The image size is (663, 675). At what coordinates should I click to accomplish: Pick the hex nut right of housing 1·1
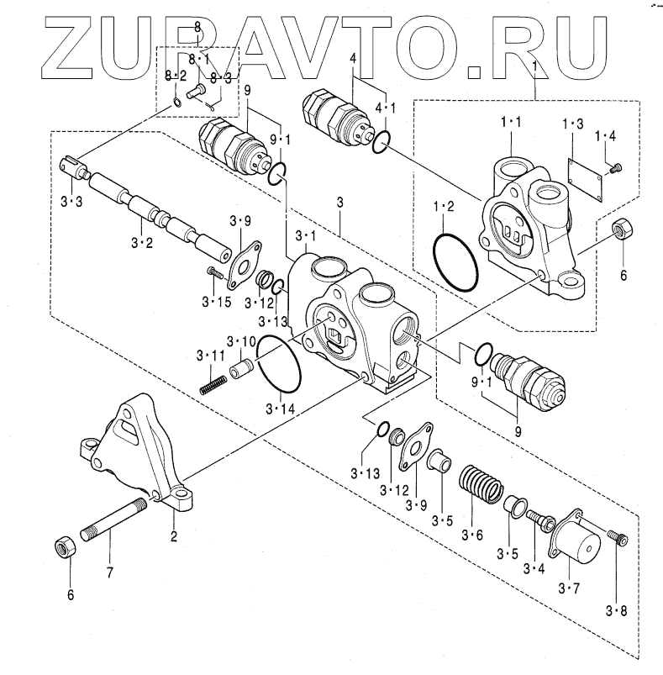pyautogui.click(x=623, y=228)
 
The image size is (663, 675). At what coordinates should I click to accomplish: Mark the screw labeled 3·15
pyautogui.click(x=214, y=272)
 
